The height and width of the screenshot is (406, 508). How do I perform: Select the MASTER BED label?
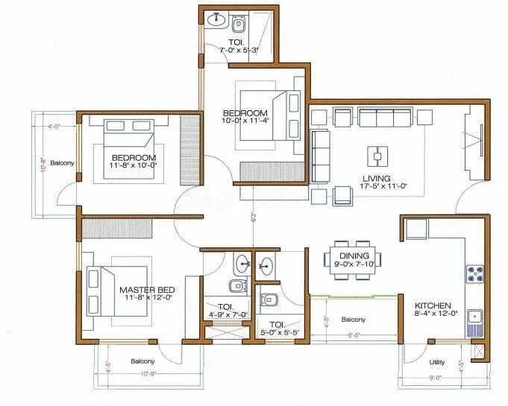(x=147, y=288)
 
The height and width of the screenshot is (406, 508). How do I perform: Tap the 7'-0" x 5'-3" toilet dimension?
(x=237, y=50)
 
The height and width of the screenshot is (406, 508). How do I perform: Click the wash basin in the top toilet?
(x=216, y=19)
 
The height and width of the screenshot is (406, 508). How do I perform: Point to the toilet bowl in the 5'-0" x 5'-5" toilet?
(x=268, y=300)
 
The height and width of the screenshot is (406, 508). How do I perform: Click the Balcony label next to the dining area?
(x=354, y=320)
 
